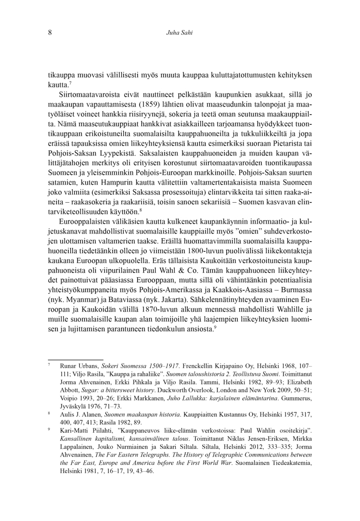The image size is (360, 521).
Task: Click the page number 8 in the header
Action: pos(50,33)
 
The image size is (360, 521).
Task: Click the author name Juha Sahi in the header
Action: pos(179,33)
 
